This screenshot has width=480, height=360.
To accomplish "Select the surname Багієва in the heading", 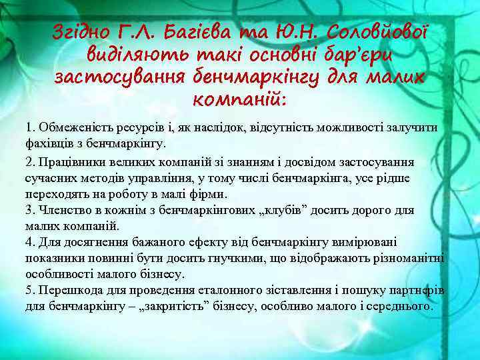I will point(196,31).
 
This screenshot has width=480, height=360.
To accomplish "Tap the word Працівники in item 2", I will point(70,162).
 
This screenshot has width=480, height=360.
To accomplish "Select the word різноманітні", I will point(409,259).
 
